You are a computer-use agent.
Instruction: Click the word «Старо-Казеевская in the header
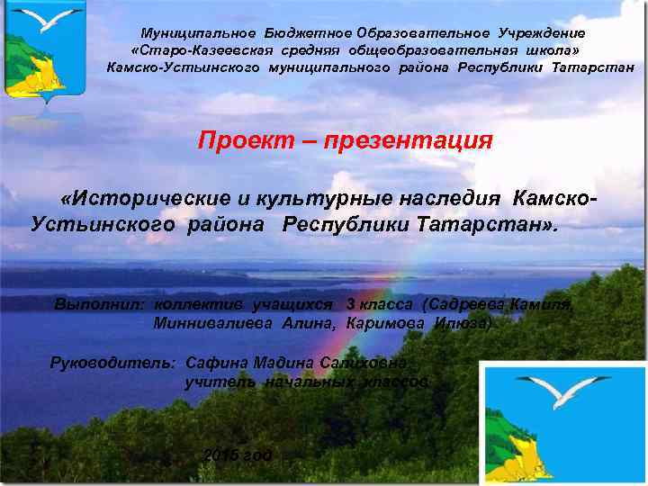click(x=184, y=50)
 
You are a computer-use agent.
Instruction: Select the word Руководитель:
click(x=112, y=363)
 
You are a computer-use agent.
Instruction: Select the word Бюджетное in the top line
click(x=302, y=33)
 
